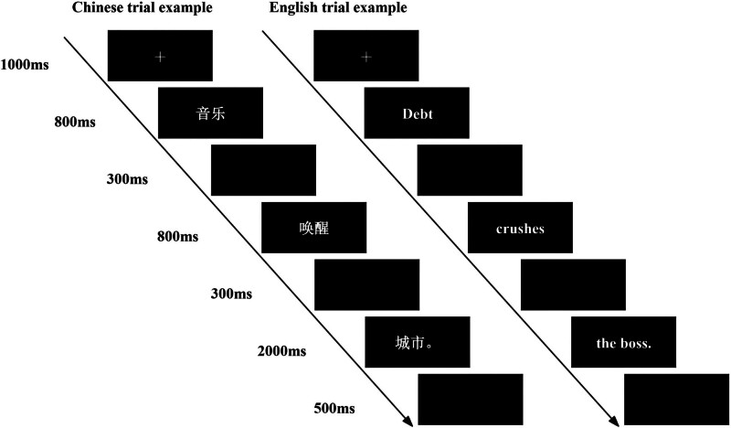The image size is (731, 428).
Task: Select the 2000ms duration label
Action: [x=281, y=350]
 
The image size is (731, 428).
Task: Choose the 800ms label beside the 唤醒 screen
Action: [x=177, y=237]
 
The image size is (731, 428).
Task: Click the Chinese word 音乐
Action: [x=211, y=114]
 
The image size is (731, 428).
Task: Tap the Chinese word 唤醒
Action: [x=313, y=229]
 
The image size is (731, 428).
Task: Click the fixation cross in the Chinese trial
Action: [x=160, y=57]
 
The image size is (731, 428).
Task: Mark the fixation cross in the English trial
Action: [x=365, y=57]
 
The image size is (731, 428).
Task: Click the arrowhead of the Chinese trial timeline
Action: [x=405, y=420]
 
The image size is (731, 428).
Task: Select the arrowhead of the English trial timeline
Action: [x=611, y=420]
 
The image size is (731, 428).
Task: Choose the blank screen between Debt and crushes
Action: [x=470, y=171]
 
